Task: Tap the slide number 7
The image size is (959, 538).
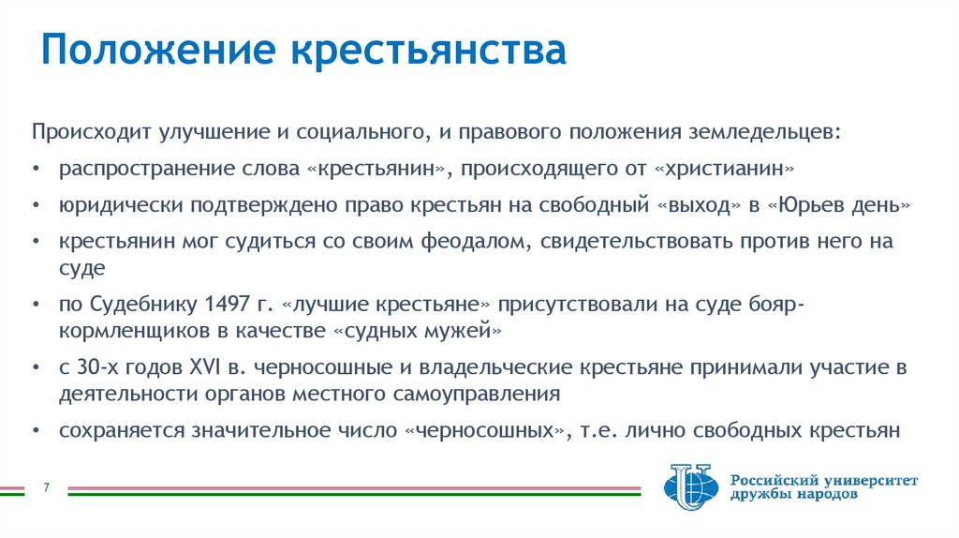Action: [x=47, y=487]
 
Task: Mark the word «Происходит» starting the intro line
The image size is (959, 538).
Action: [x=82, y=132]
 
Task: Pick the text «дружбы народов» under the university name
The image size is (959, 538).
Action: [x=792, y=495]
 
